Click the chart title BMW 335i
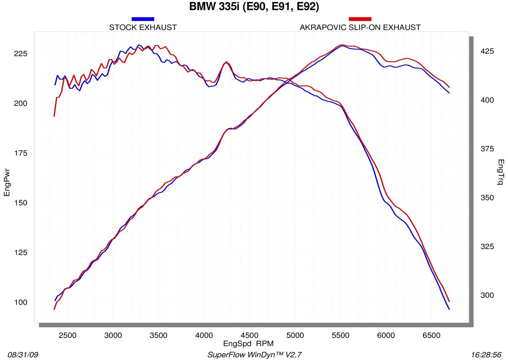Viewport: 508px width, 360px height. [254, 7]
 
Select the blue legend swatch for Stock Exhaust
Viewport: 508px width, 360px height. [143, 19]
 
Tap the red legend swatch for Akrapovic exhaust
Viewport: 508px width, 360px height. [360, 19]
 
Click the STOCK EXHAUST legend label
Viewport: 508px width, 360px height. [143, 27]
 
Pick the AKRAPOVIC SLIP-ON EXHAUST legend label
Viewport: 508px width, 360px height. [360, 27]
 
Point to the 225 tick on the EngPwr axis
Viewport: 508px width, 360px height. [21, 54]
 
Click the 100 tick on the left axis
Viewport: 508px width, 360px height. [21, 302]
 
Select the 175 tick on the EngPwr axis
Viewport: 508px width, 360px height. [21, 153]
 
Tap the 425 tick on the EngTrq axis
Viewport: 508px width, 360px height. [487, 51]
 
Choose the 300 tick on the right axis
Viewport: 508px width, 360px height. [487, 295]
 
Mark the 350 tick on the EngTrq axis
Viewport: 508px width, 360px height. [487, 198]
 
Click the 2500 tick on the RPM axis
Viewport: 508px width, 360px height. [68, 335]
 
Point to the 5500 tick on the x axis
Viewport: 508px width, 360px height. [340, 335]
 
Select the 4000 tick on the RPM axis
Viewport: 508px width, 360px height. [204, 335]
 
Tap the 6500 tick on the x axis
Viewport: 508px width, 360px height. [431, 335]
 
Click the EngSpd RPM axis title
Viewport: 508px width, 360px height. [248, 344]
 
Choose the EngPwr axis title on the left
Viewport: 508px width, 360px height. [7, 182]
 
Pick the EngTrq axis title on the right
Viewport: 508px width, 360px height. [500, 172]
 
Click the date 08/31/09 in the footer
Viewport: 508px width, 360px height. [23, 355]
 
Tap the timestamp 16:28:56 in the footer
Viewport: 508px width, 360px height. [486, 355]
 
